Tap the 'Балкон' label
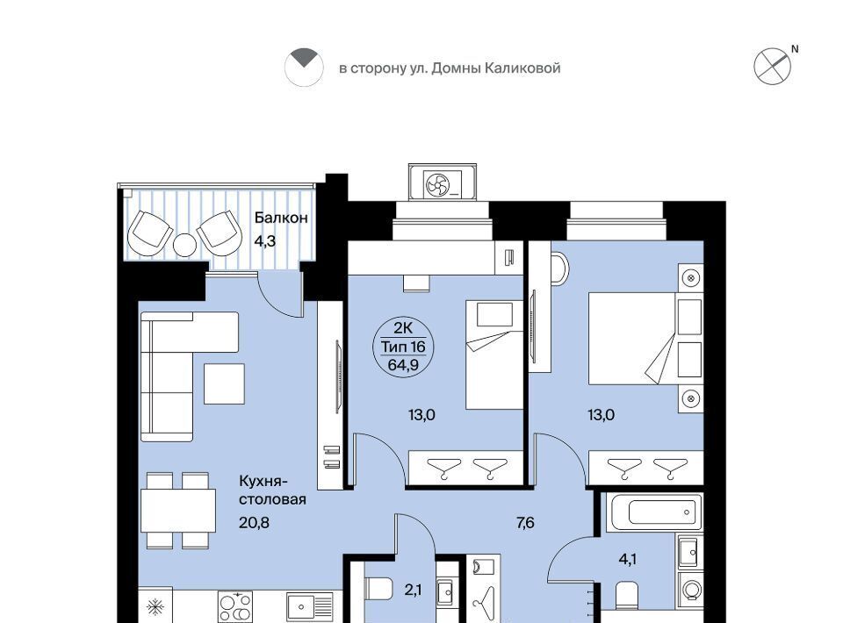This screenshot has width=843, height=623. (281, 218)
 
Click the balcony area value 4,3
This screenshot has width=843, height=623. (264, 241)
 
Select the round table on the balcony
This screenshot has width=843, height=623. (185, 246)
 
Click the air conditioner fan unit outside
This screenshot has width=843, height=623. (442, 183)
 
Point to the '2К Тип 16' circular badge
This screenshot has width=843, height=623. (403, 347)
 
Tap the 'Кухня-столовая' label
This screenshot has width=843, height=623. (272, 490)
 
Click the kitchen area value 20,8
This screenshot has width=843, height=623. (254, 522)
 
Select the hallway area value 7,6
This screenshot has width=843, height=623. (525, 523)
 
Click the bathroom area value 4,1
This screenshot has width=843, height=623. (627, 560)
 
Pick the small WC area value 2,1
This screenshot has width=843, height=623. (413, 591)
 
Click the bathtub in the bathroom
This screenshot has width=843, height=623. (654, 512)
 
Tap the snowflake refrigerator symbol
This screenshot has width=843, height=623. (155, 607)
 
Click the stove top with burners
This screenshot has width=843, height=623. (235, 607)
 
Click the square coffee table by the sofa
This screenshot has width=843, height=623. (224, 383)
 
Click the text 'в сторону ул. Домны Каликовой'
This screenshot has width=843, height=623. (450, 68)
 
